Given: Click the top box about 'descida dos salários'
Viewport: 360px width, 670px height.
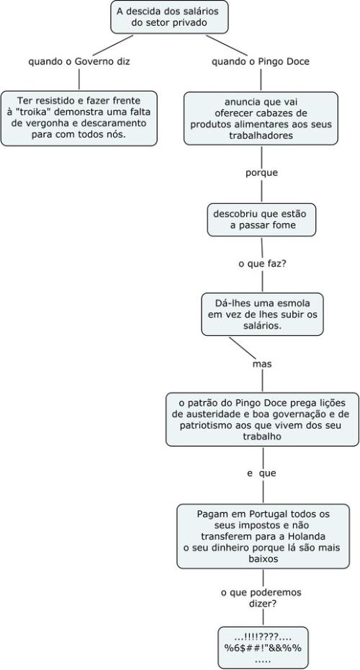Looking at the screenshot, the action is coord(169,17).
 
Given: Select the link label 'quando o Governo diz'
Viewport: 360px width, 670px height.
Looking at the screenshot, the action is coord(79,61).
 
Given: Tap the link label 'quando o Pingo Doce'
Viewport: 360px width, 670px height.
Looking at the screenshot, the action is coord(261,61).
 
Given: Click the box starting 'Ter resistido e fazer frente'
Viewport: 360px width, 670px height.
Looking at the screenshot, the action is coord(79,118).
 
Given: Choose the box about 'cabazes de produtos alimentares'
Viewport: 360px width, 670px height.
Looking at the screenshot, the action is coord(261,118).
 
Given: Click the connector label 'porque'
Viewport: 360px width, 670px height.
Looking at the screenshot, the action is coord(262,173).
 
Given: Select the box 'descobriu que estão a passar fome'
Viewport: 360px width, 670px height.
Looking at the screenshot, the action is coord(262,219).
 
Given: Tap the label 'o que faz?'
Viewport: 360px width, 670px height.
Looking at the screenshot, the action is coord(262,264).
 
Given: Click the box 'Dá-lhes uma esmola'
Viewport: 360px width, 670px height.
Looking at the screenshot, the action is coord(262,314).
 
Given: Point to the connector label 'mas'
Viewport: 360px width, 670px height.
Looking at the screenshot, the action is coord(262,364).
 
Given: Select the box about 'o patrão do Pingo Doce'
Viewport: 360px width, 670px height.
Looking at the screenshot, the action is coord(262,419).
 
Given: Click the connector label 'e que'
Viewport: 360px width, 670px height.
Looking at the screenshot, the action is coord(262,473).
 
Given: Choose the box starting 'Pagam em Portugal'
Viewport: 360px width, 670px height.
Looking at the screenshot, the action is coord(263,536).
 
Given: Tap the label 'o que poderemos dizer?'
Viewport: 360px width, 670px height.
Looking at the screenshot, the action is coord(261,598).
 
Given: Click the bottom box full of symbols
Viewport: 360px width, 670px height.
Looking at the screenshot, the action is coord(263,648).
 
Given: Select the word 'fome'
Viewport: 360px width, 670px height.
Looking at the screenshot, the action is coord(284,225).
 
